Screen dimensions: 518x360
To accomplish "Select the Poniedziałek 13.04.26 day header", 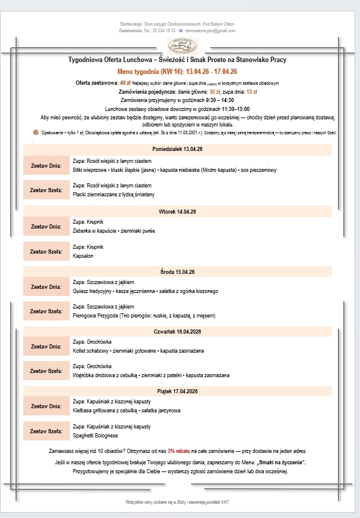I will pyautogui.click(x=177, y=149).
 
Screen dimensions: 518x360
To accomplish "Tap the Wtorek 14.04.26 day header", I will pyautogui.click(x=177, y=211).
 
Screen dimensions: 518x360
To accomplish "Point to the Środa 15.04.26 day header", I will pyautogui.click(x=177, y=272).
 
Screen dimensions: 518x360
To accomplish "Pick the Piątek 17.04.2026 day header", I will pyautogui.click(x=177, y=391).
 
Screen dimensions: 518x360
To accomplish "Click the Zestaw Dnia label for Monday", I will pyautogui.click(x=46, y=165).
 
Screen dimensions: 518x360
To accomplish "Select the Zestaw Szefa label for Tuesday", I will pyautogui.click(x=46, y=251).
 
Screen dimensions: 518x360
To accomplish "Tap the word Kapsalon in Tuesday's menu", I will pyautogui.click(x=82, y=255).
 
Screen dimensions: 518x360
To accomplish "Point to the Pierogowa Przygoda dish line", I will pyautogui.click(x=143, y=315).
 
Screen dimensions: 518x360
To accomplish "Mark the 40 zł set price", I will pyautogui.click(x=125, y=83).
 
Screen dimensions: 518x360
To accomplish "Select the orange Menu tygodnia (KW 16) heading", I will pyautogui.click(x=177, y=72).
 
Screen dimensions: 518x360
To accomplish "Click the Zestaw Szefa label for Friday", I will pyautogui.click(x=46, y=431).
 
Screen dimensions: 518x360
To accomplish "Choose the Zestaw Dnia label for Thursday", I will pyautogui.click(x=46, y=346).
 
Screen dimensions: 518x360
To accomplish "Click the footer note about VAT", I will pyautogui.click(x=177, y=502).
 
